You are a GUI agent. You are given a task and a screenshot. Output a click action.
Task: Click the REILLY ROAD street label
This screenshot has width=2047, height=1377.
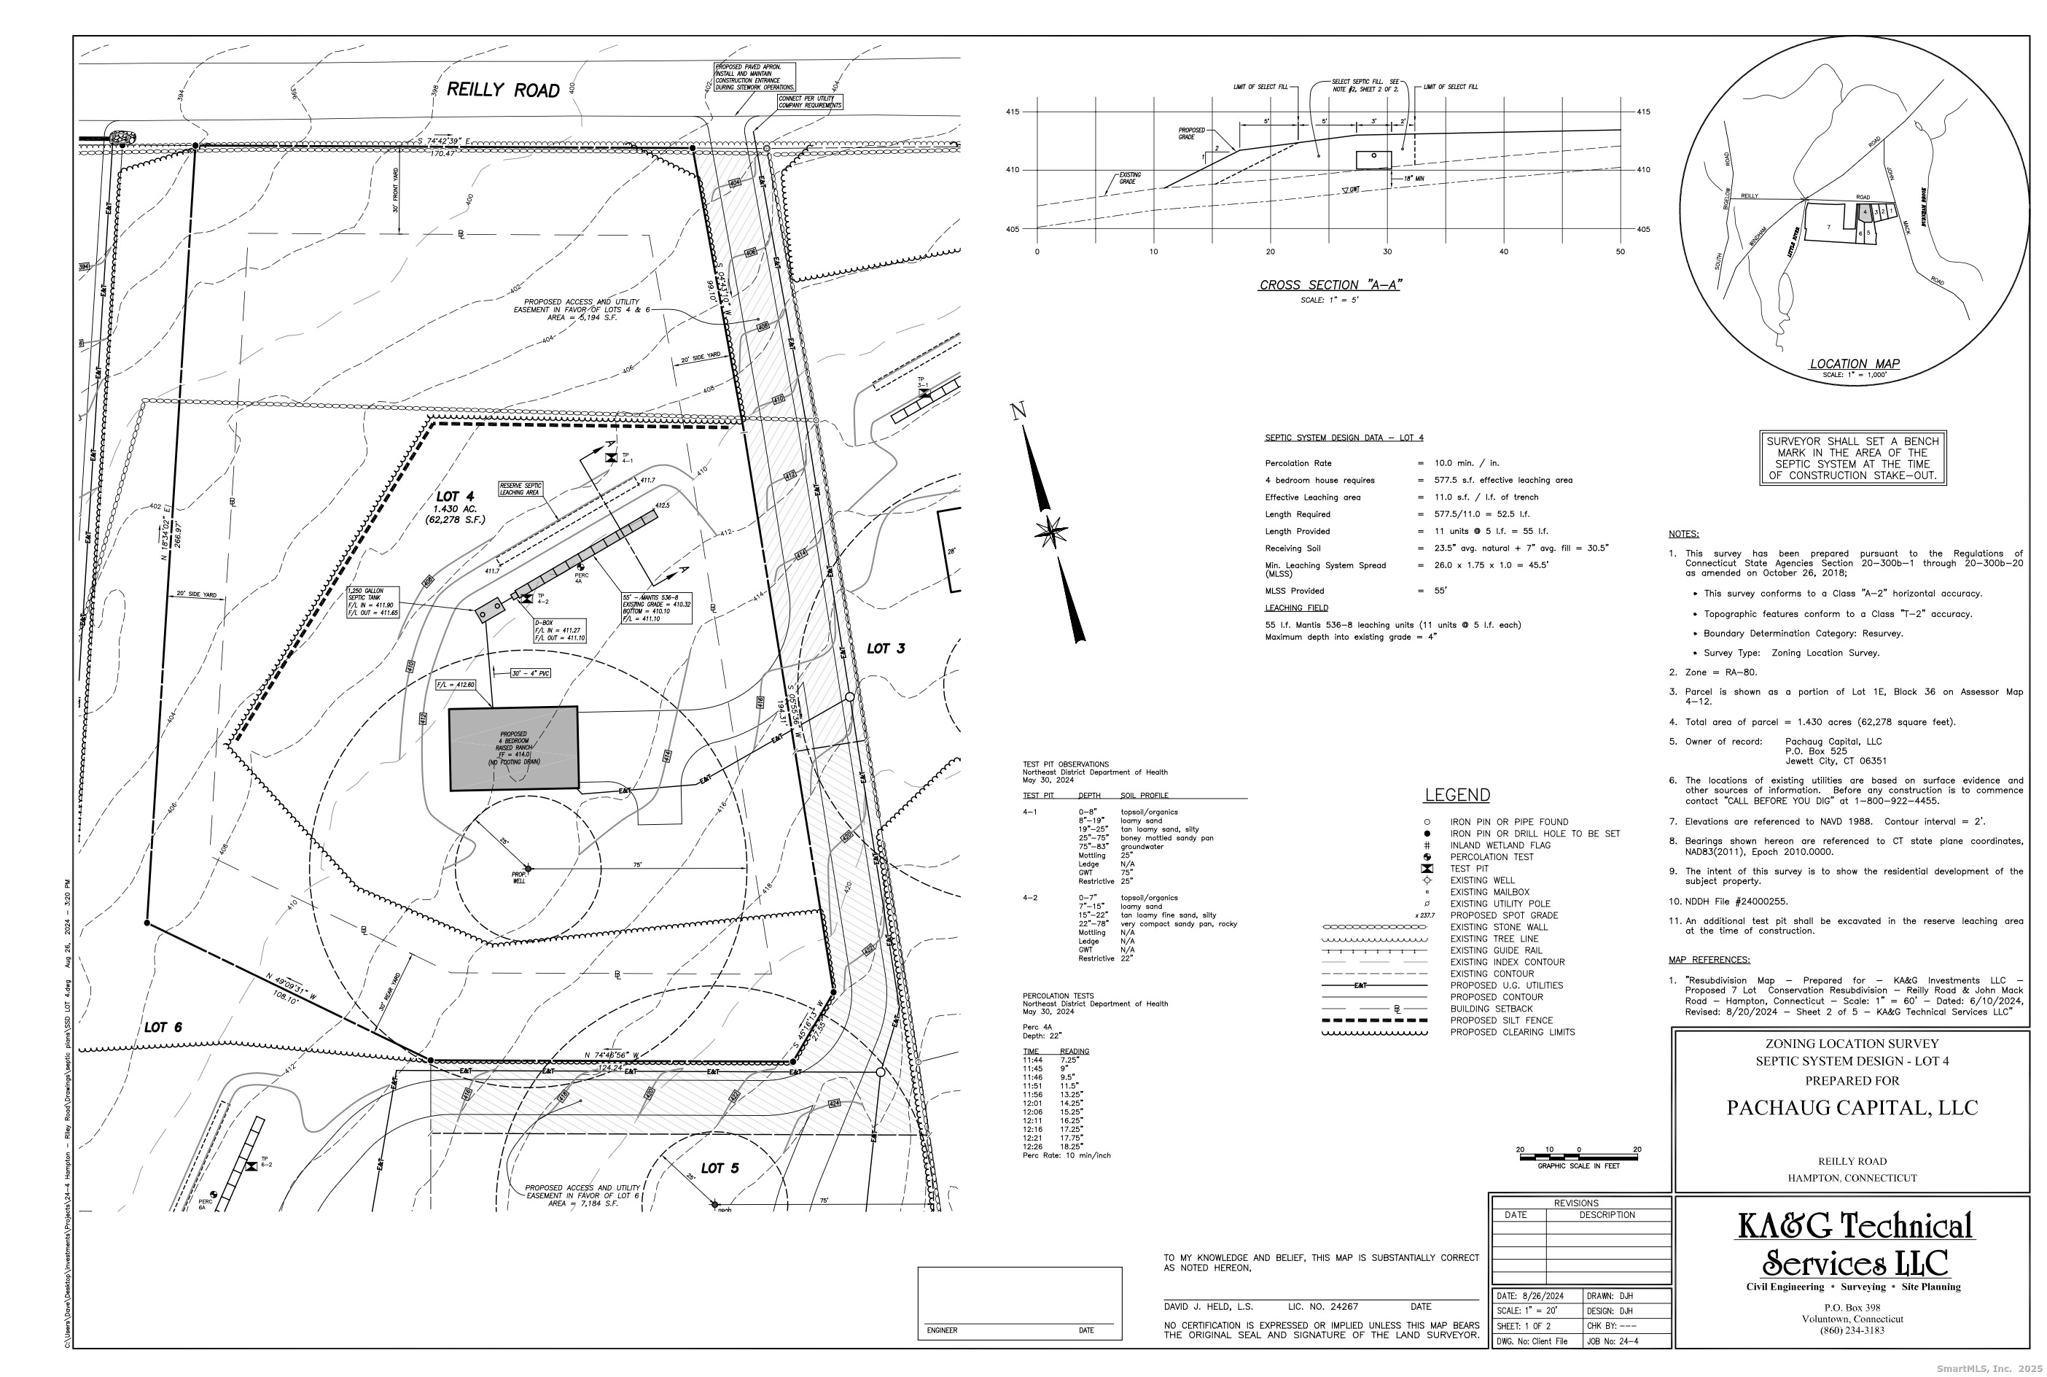[x=503, y=90]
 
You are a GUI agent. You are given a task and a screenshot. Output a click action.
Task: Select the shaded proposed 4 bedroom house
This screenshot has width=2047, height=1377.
[x=513, y=748]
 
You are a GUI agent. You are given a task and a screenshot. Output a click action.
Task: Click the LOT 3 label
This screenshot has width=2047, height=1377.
[x=885, y=649]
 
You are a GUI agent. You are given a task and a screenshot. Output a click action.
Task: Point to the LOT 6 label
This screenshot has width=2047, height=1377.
[x=163, y=1028]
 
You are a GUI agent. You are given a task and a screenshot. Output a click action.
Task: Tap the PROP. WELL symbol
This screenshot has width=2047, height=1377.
[x=528, y=868]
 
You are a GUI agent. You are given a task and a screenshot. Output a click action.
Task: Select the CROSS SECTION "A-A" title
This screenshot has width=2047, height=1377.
[x=1330, y=284]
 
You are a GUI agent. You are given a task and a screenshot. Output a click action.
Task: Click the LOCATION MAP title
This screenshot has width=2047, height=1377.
[x=1854, y=363]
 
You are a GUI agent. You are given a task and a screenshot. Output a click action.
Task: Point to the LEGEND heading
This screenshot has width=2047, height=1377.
[x=1457, y=796]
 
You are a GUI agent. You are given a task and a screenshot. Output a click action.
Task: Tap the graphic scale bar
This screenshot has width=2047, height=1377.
[x=1578, y=1157]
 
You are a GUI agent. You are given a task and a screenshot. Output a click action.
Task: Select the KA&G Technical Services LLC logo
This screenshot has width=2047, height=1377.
[x=1855, y=1245]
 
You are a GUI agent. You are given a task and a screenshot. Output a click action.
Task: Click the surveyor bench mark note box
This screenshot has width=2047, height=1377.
[x=1852, y=459]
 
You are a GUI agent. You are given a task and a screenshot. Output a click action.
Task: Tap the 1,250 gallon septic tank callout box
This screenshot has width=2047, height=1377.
[x=373, y=602]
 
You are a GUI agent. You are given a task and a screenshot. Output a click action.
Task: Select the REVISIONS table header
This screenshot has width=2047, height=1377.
[x=1575, y=1203]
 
